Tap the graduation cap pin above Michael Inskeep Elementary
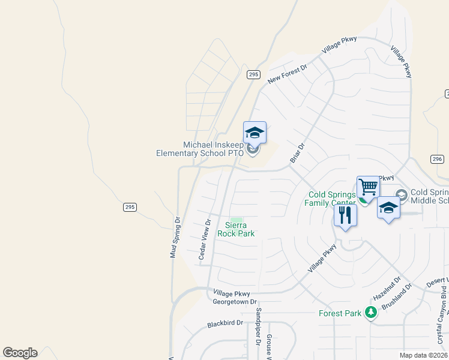point(255,133)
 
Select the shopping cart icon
point(368,187)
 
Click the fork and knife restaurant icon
point(345,215)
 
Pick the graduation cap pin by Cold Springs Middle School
point(389,208)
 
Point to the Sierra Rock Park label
point(236,229)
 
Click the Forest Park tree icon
point(372,312)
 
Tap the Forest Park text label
point(340,313)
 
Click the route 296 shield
point(436,159)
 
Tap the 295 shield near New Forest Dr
point(253,74)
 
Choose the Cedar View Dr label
point(204,239)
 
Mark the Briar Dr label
point(298,152)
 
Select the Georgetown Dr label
point(235,302)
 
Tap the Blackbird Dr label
point(224,323)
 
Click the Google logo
point(20,353)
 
